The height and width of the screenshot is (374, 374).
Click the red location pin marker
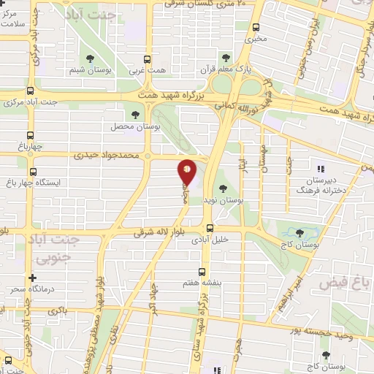pos(187,172)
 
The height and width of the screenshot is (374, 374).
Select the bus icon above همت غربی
pos(148,59)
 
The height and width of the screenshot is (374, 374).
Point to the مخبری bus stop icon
pos(256,27)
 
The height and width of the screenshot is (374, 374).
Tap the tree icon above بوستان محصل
pos(135,114)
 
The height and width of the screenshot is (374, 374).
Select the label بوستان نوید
pos(222,198)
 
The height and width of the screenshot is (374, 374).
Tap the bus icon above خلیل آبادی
pos(210,228)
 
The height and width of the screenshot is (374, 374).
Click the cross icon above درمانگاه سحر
pos(32,278)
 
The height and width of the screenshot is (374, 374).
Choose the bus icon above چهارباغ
pos(29,134)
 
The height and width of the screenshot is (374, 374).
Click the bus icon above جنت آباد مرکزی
pos(29,91)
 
